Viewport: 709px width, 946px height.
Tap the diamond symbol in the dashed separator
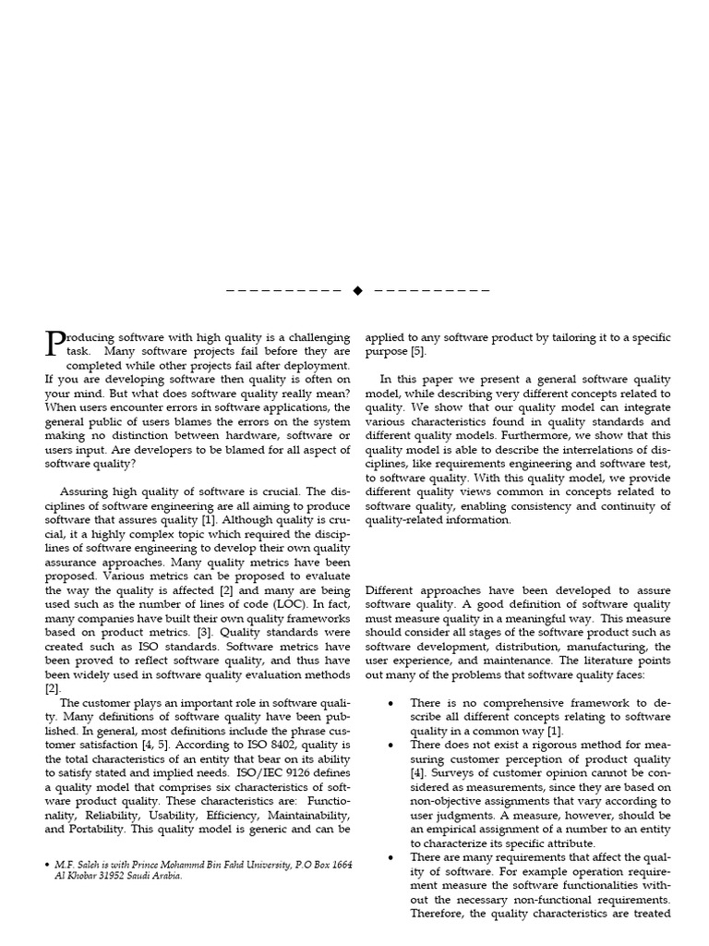point(358,290)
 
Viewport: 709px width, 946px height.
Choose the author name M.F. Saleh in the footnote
point(78,864)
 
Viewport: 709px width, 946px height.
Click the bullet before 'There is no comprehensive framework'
point(391,703)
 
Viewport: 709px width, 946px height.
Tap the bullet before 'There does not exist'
point(391,745)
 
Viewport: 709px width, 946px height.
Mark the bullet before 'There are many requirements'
point(391,857)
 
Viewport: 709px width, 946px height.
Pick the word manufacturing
point(603,647)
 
